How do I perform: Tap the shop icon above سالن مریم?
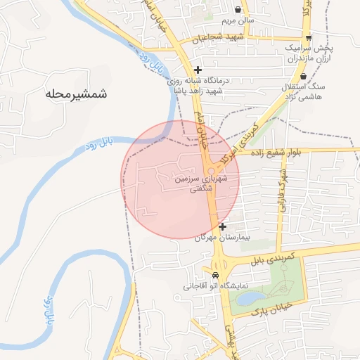click(240, 10)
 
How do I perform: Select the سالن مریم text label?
click(240, 21)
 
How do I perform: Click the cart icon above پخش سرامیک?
click(309, 38)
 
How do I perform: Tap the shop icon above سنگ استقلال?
click(303, 77)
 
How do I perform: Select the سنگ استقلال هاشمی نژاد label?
click(301, 91)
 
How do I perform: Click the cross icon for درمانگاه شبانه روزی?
click(198, 70)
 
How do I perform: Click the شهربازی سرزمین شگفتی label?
click(204, 184)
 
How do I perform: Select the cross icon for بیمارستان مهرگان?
click(223, 226)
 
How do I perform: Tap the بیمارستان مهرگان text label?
click(207, 239)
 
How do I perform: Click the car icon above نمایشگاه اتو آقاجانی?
click(215, 275)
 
